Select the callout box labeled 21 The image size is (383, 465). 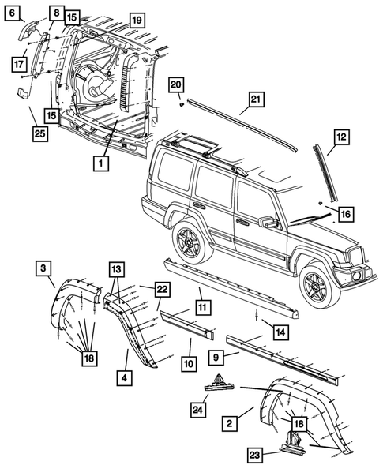tap(254, 99)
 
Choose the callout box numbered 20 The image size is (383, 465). tap(177, 84)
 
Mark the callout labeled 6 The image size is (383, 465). tap(15, 12)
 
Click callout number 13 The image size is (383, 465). tap(116, 268)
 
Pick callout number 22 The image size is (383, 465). tap(162, 290)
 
